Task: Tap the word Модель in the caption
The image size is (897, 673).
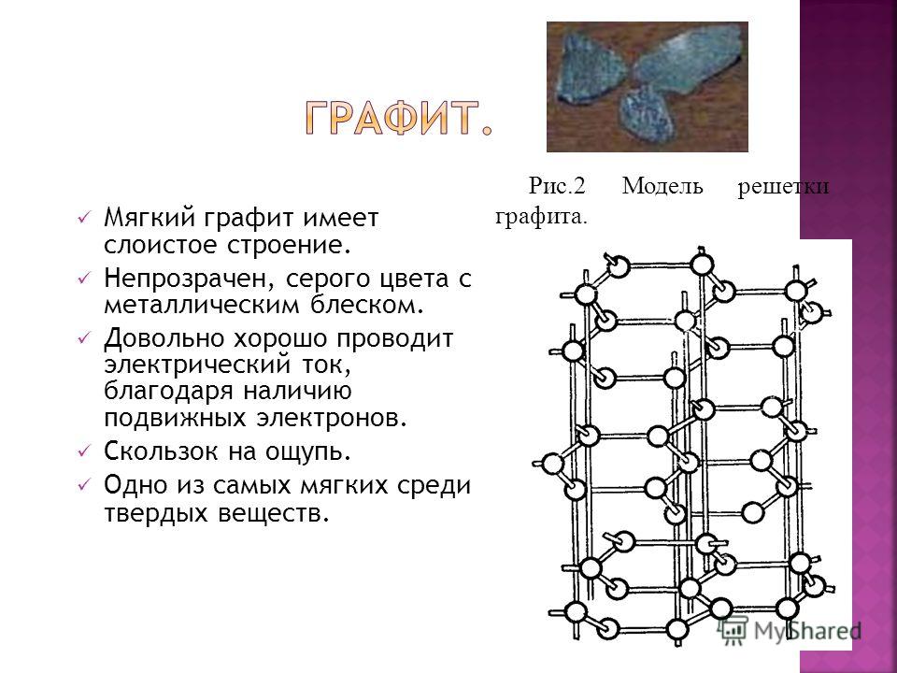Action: point(662,186)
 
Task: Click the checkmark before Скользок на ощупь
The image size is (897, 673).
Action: point(83,451)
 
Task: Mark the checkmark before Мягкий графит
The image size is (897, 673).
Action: point(83,218)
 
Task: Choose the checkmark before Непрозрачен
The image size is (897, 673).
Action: point(83,279)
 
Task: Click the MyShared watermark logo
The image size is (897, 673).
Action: point(790,630)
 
